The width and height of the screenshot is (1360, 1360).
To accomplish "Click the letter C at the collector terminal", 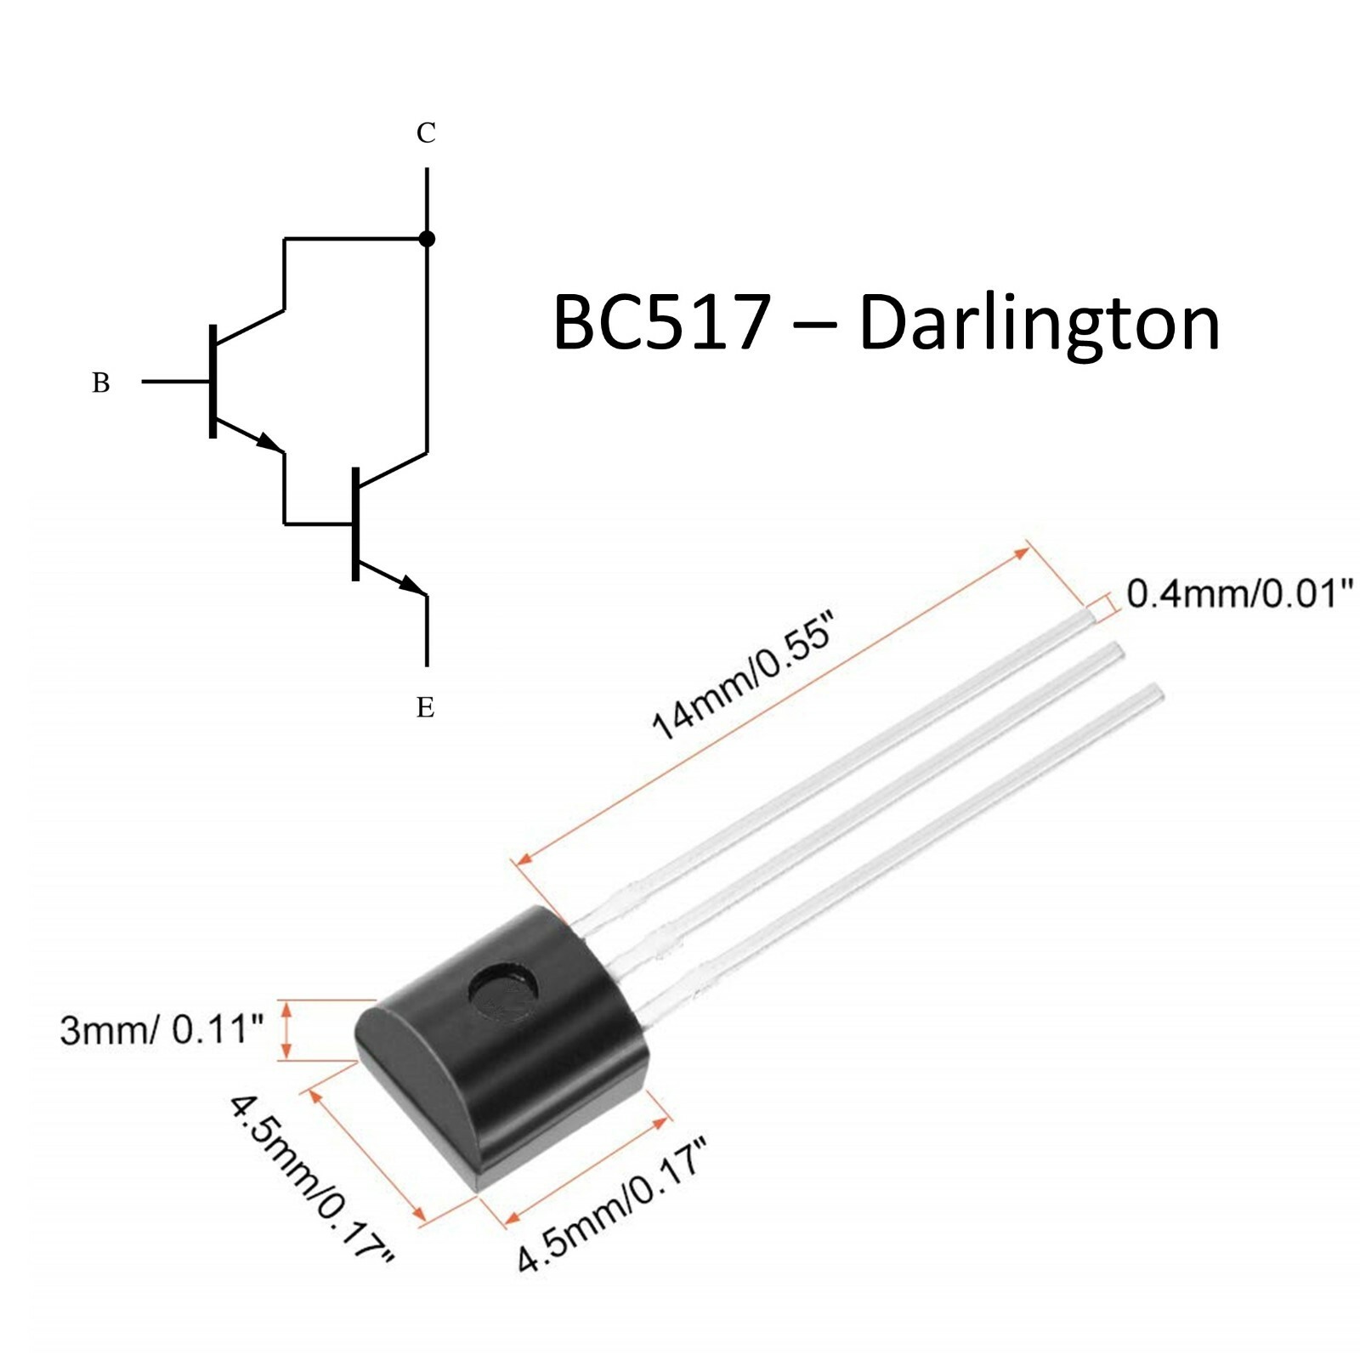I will pyautogui.click(x=426, y=133).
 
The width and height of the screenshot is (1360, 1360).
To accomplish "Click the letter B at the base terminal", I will pyautogui.click(x=100, y=382).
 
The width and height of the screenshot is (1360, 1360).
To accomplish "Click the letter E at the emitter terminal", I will pyautogui.click(x=426, y=707).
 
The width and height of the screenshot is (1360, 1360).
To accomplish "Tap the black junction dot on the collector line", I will pyautogui.click(x=427, y=239).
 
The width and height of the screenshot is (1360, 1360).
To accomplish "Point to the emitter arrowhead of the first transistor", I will pyautogui.click(x=270, y=443).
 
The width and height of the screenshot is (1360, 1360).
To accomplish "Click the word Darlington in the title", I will pyautogui.click(x=1039, y=323).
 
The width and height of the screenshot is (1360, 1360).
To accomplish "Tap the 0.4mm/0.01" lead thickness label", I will pyautogui.click(x=1239, y=593).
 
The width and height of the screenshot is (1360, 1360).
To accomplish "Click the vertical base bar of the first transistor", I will pyautogui.click(x=212, y=382).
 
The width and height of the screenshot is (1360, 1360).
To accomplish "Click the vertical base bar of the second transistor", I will pyautogui.click(x=355, y=524).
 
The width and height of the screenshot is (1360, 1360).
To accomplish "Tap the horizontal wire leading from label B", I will pyautogui.click(x=175, y=382).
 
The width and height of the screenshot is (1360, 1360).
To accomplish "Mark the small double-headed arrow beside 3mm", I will pyautogui.click(x=286, y=1030).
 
